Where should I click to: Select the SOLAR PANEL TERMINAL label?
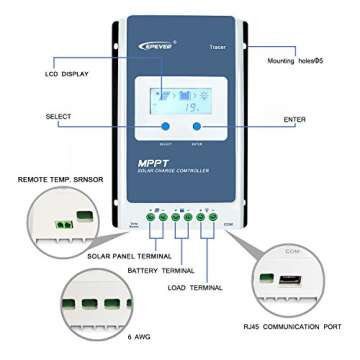coord(99,257)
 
